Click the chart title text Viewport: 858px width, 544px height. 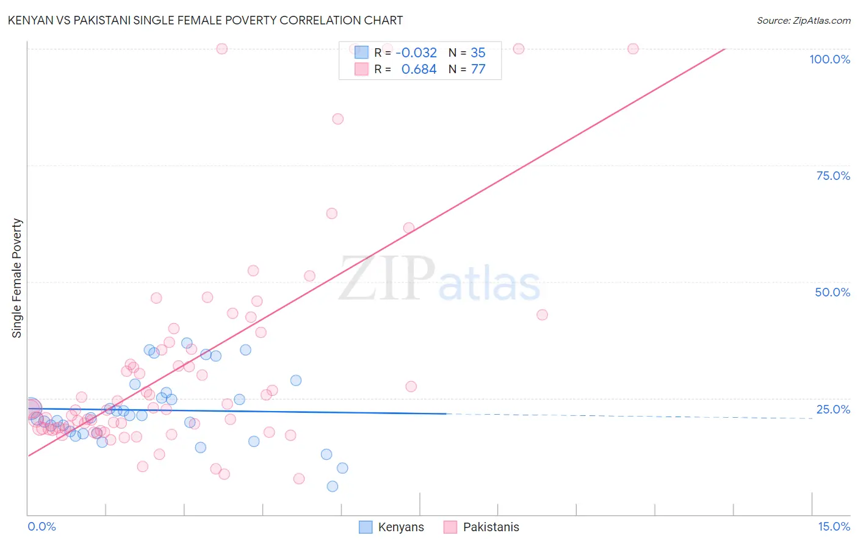[x=205, y=20]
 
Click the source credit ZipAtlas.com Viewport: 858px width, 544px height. [x=803, y=20]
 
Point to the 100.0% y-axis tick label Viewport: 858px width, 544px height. [x=829, y=59]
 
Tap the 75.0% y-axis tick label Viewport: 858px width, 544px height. [x=833, y=176]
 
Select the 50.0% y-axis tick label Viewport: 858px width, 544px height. [x=832, y=292]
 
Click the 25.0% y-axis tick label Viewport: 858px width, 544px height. [x=833, y=409]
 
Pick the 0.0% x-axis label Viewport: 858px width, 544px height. [x=41, y=526]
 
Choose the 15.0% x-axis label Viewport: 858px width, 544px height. [x=834, y=526]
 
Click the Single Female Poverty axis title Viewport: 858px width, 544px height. [x=17, y=278]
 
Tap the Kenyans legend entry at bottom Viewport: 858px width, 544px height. [x=391, y=527]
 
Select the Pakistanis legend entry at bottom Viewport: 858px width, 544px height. [x=481, y=527]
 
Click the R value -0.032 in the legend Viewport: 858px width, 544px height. [x=416, y=52]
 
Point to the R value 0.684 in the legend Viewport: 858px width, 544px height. [x=419, y=70]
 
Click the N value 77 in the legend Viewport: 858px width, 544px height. [x=478, y=70]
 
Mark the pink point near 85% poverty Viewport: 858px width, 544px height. [x=337, y=119]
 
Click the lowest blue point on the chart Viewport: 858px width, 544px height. [x=333, y=486]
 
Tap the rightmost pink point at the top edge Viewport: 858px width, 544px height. [x=633, y=49]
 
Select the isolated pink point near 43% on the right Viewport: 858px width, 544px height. [x=542, y=315]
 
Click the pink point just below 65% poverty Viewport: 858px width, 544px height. [x=331, y=213]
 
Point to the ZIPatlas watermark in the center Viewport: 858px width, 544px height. [x=439, y=279]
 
